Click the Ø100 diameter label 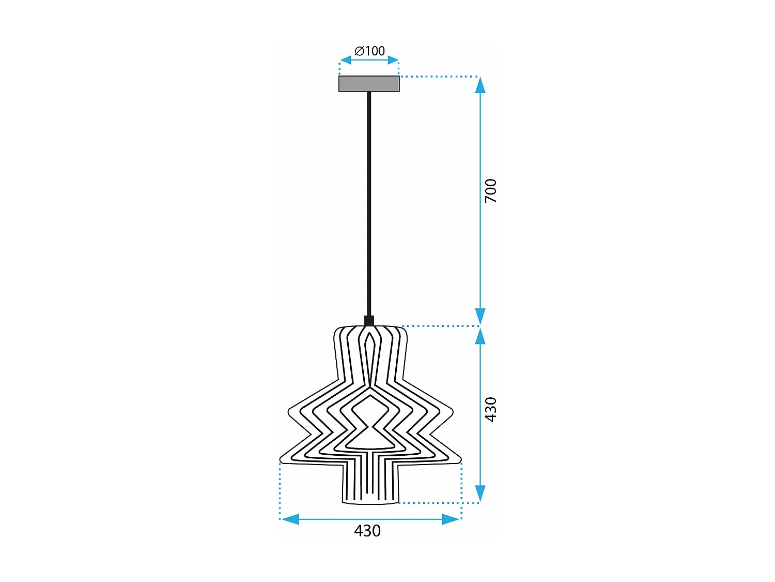coord(369,51)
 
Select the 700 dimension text coord(490,190)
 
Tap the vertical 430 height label coord(490,409)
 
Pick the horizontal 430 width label coord(367,531)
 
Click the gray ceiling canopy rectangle coord(369,84)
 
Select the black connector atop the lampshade coord(369,321)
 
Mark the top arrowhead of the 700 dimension coord(480,84)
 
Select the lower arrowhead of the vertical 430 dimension coord(480,494)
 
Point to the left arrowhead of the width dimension coord(290,519)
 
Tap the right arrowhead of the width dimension coord(451,519)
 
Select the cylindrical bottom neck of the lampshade coord(370,484)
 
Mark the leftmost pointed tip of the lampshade coord(281,459)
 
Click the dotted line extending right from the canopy coord(439,77)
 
